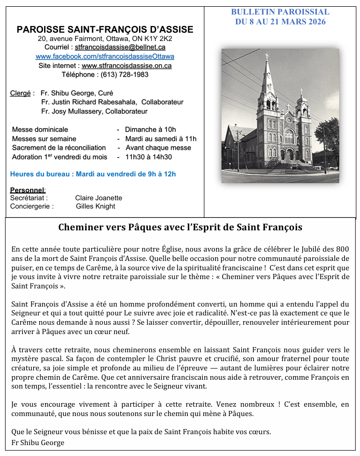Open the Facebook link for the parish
click(105, 56)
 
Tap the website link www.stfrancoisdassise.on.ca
click(127, 65)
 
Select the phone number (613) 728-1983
click(124, 74)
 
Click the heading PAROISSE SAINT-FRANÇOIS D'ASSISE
click(105, 30)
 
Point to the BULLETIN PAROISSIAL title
click(280, 12)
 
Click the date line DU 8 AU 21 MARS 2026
click(280, 21)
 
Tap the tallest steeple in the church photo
click(268, 78)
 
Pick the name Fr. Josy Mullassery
click(72, 111)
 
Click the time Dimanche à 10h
click(150, 130)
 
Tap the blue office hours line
click(93, 174)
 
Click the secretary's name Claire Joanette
click(99, 198)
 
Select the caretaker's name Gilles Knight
click(95, 206)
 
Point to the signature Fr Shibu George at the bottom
click(38, 443)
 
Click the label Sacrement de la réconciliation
click(59, 147)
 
